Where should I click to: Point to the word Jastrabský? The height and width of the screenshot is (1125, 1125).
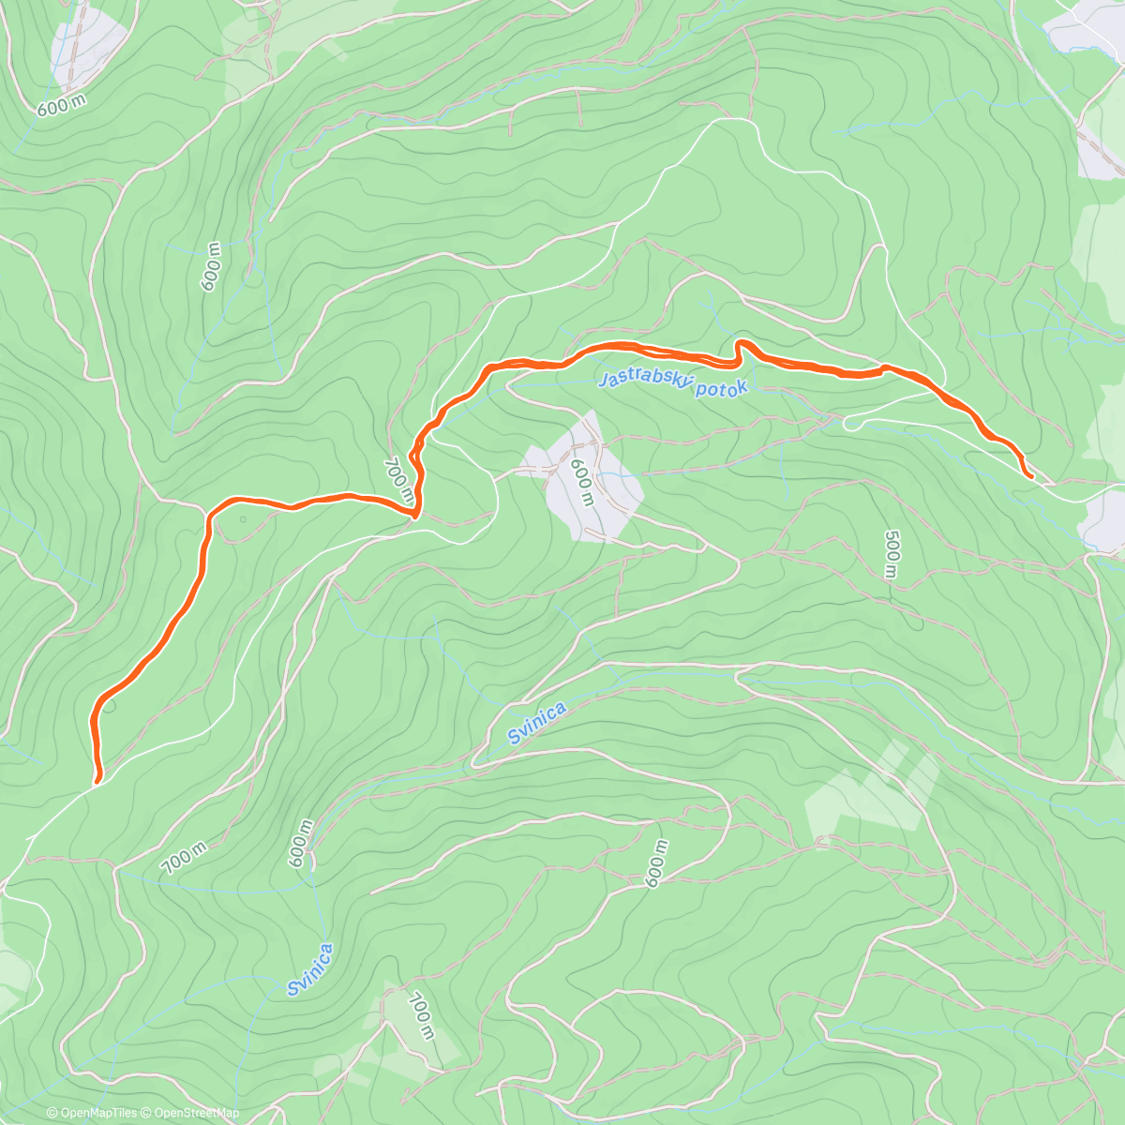pos(645,380)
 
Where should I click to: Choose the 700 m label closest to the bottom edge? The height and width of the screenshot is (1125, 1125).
pos(422,1016)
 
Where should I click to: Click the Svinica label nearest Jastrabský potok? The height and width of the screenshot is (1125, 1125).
pos(537,723)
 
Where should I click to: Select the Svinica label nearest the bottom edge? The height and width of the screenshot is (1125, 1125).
pos(310,969)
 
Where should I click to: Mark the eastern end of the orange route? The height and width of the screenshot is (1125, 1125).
pos(1031,477)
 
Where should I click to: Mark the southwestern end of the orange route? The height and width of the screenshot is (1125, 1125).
pos(97,779)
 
